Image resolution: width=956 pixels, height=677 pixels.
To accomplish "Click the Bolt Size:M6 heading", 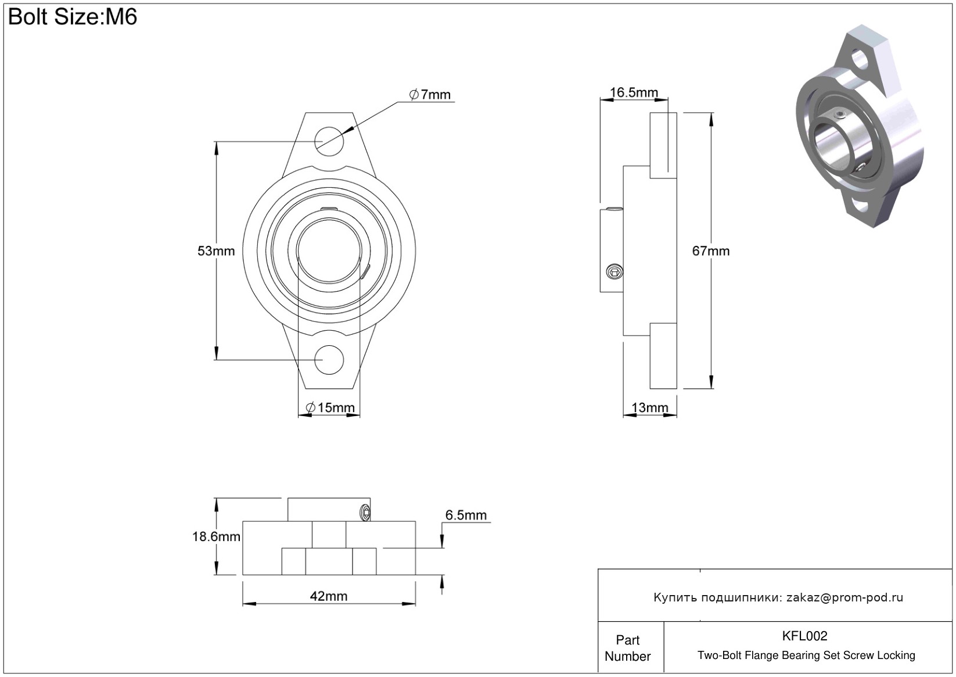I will pos(73,17).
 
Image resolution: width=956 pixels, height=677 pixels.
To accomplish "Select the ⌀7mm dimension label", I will pos(430,95).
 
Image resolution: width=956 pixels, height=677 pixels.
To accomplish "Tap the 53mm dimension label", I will pos(216,251).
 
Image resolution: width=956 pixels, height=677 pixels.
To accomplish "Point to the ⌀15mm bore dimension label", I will pos(330,407).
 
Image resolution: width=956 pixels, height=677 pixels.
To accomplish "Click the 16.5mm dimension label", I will pos(634,92).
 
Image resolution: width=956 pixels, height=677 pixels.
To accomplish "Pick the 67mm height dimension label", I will pos(710,251).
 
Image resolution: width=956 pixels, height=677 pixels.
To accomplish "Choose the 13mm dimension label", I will pos(649,407).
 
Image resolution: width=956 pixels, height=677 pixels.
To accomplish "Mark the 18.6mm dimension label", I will pos(216,536).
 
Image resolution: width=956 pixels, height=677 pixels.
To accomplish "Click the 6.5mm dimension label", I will pos(466,515).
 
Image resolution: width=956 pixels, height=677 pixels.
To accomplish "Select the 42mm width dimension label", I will pos(329,596).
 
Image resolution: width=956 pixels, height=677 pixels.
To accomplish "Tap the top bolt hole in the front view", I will pos(329,141).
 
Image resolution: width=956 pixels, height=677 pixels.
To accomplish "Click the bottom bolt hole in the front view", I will pos(329,360).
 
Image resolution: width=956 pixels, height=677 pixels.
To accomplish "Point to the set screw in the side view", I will pos(614,271).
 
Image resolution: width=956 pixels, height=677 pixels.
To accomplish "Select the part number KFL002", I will pos(804,636).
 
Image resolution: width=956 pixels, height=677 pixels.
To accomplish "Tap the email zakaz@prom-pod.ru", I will pos(844,597).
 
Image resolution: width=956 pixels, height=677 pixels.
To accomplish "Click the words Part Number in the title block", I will pos(627,648).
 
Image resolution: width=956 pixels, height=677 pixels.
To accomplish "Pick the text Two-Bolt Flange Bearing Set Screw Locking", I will pos(806,655).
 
